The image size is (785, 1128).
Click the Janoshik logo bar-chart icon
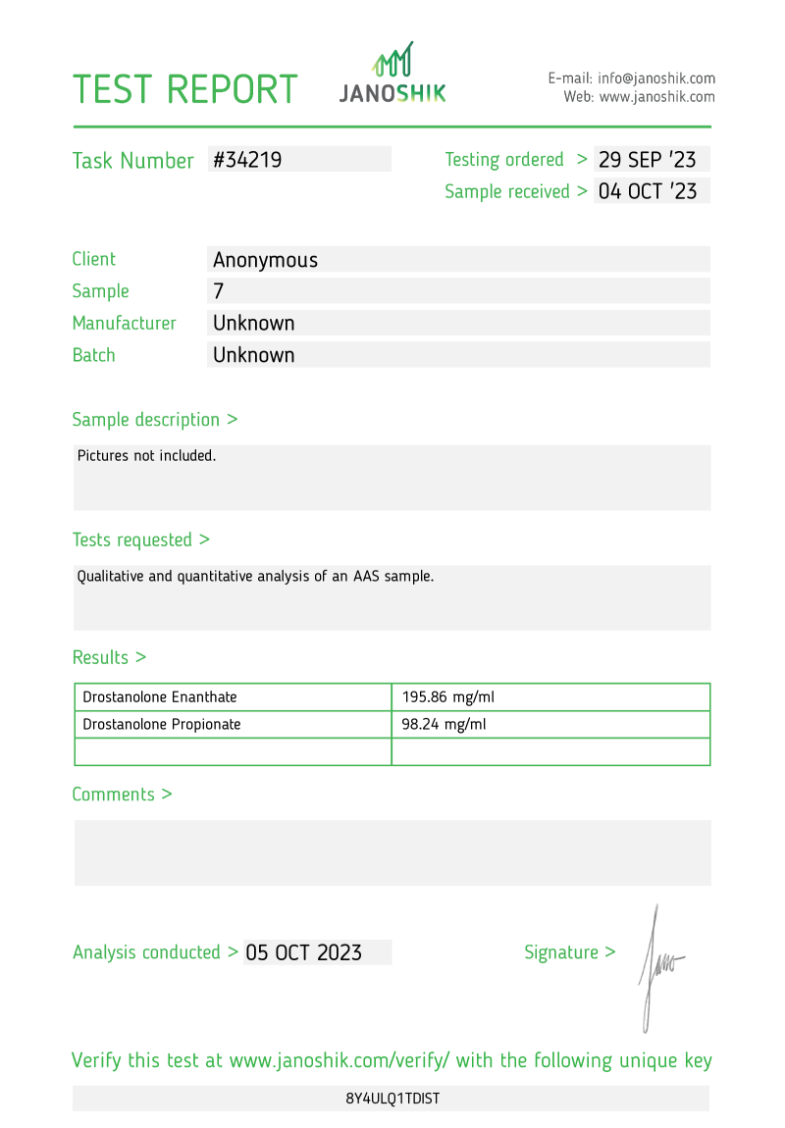click(x=392, y=60)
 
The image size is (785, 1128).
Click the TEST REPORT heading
click(x=184, y=89)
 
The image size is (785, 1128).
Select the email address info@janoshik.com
click(x=655, y=78)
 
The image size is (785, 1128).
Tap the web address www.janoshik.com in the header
click(x=656, y=97)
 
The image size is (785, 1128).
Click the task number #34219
click(x=247, y=160)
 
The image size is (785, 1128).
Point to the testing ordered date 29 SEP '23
click(x=648, y=160)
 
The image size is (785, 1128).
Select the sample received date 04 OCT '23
click(x=648, y=191)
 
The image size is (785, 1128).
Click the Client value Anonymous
click(x=265, y=260)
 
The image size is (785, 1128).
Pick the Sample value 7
click(x=219, y=291)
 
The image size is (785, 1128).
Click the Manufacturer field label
click(x=124, y=323)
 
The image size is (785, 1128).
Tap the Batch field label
click(x=93, y=355)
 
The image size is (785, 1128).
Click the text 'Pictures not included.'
click(x=146, y=456)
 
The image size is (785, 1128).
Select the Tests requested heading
click(x=140, y=539)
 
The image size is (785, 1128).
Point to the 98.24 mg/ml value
click(x=444, y=725)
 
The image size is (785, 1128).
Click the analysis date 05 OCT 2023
click(x=303, y=952)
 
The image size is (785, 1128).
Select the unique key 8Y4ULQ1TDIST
click(x=392, y=1099)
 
